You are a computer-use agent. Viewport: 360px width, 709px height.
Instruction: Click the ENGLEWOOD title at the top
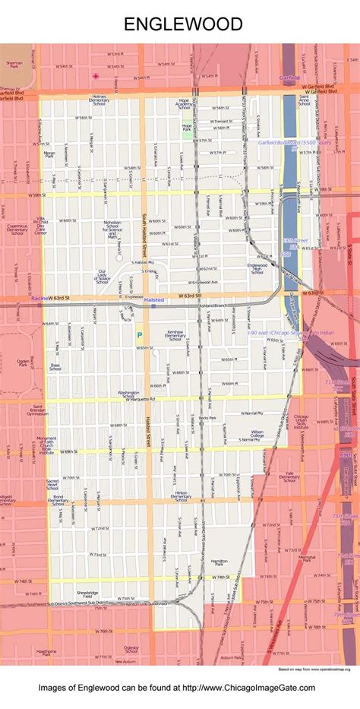click(183, 24)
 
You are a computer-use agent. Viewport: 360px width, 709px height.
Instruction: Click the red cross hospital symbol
click(96, 76)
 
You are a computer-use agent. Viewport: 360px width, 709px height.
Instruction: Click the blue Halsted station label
click(153, 300)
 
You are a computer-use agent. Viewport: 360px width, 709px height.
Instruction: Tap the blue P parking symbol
click(140, 334)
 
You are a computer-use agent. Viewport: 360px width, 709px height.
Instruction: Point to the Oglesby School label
click(131, 650)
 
